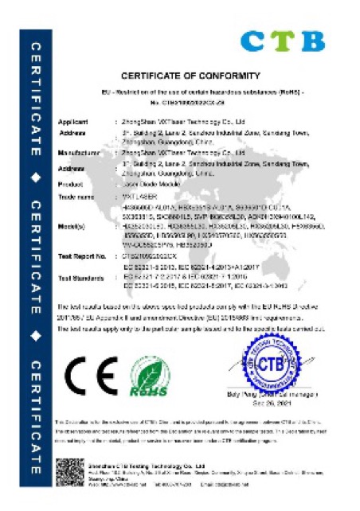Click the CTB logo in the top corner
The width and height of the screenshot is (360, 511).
pos(282,41)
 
